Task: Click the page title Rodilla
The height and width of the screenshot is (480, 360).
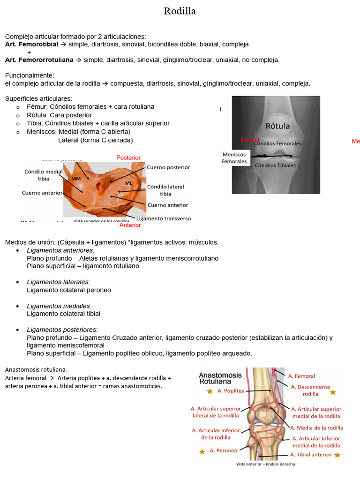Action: [180, 11]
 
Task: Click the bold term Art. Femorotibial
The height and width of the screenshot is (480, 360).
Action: [31, 44]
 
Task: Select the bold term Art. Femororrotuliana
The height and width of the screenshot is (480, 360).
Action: [39, 60]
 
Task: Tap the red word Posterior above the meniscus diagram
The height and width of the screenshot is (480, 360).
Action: [128, 158]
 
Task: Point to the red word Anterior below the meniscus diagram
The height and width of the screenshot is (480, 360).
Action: [130, 225]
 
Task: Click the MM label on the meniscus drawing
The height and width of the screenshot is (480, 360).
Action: [76, 179]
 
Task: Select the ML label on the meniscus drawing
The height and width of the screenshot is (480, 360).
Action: [128, 182]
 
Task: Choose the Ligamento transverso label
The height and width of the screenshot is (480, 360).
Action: [163, 218]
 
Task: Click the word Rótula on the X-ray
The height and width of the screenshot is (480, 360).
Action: [277, 126]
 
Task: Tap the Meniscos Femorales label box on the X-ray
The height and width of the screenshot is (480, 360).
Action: [234, 157]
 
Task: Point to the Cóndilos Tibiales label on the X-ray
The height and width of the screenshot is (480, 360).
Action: [275, 165]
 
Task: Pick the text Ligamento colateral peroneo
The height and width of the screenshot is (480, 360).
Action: [69, 290]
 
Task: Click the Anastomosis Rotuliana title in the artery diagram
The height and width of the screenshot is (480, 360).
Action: [220, 378]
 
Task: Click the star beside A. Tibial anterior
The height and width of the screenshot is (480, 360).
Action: [337, 455]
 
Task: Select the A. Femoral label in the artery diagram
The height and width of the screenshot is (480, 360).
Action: [301, 376]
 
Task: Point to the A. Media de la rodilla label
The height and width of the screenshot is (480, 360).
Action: [316, 427]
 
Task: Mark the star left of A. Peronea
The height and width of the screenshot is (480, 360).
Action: [202, 451]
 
